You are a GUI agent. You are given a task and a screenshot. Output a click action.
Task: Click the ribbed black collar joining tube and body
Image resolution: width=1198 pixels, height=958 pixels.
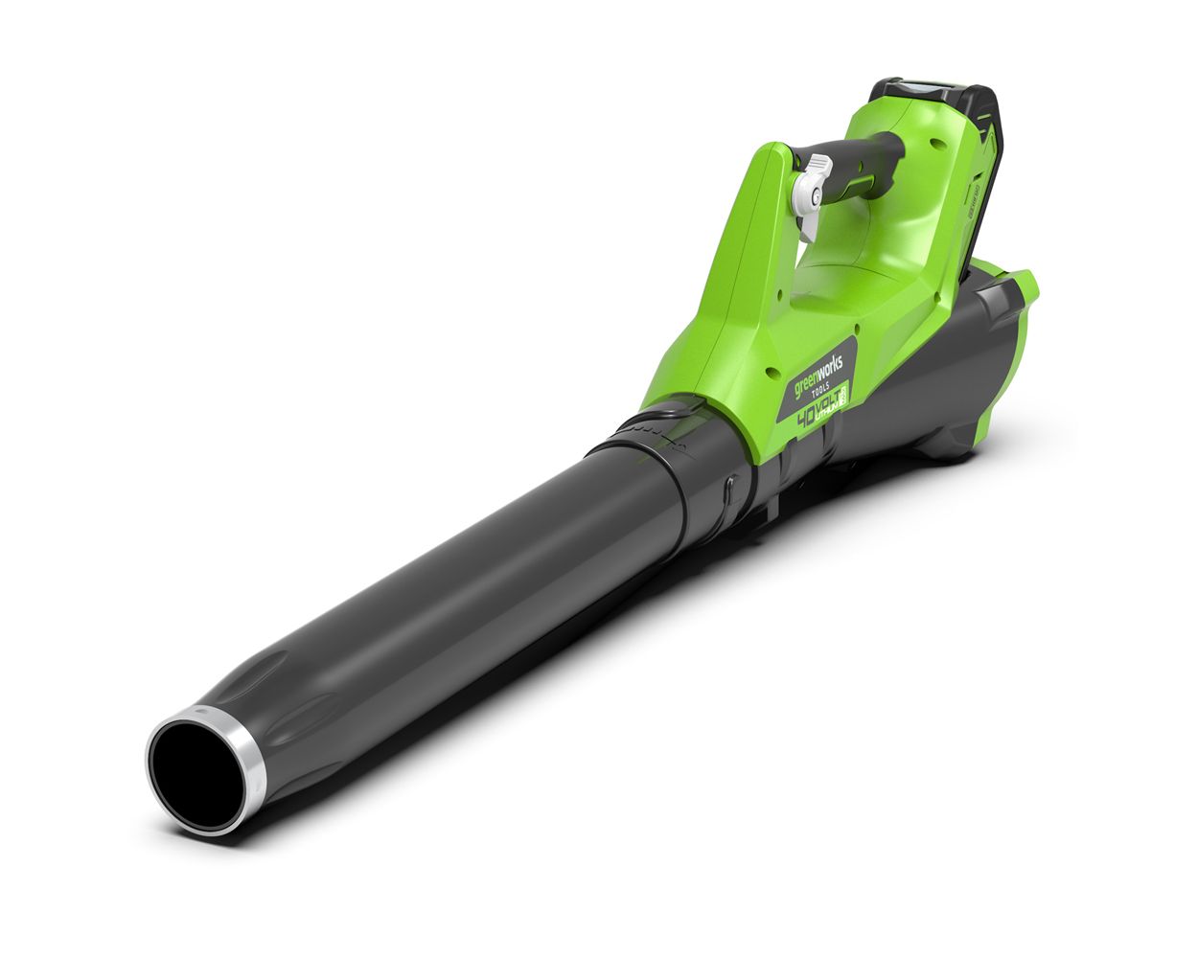pyautogui.click(x=661, y=431)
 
